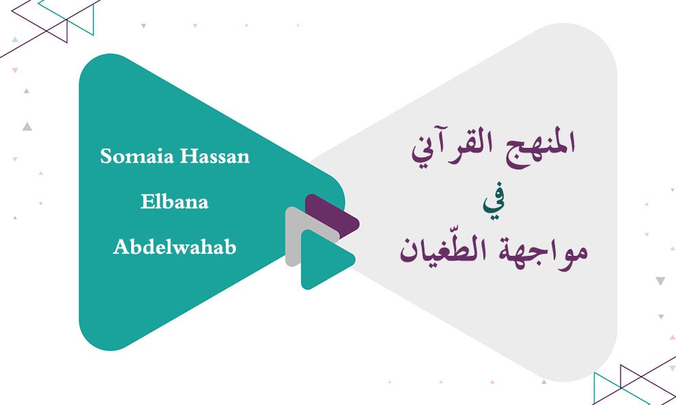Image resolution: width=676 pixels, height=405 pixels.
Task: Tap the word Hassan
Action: coord(214,157)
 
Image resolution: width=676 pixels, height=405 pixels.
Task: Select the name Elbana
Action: coord(174,202)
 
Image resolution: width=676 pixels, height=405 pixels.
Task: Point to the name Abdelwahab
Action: coord(174,247)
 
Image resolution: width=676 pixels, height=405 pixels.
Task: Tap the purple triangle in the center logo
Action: coord(331,213)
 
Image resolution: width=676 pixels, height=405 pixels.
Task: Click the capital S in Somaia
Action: coord(106,157)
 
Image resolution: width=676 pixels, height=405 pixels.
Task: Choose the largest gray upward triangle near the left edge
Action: coord(26,126)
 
